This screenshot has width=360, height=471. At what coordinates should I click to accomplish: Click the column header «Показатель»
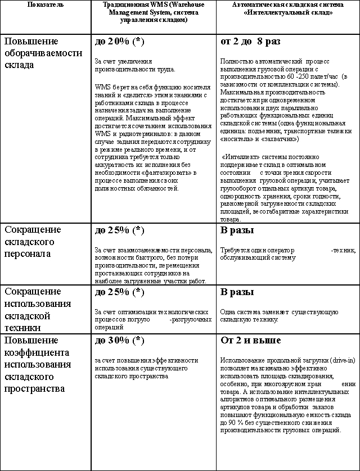point(45,4)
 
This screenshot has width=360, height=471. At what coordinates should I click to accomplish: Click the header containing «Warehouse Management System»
point(154,12)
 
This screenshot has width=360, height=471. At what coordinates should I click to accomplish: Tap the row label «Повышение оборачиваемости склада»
point(43,53)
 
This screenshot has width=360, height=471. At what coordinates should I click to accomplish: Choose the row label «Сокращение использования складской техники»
point(38,310)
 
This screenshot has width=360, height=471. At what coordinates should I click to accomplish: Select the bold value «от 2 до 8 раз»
point(250,42)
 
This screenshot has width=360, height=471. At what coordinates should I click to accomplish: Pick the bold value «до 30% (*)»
point(119,341)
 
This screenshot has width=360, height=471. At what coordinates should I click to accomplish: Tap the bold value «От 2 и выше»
point(251,341)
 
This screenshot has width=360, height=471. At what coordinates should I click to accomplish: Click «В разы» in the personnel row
point(237,230)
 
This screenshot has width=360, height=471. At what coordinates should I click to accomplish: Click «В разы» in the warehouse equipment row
point(237,292)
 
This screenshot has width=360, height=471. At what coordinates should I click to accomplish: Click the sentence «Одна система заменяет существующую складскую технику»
point(279,315)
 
